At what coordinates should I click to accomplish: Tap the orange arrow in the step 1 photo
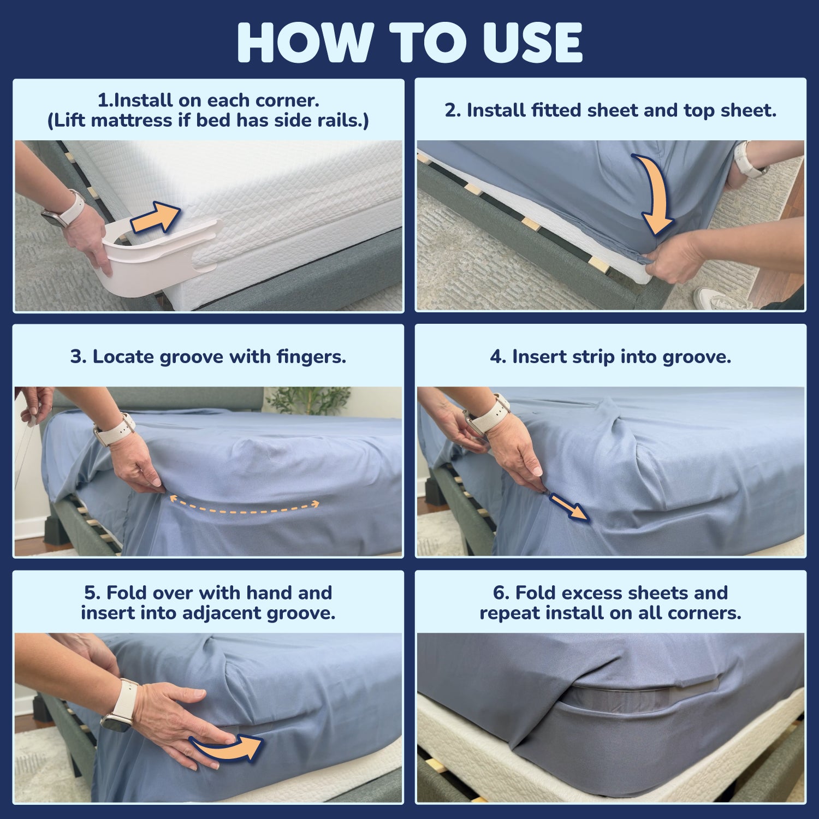tap(155, 217)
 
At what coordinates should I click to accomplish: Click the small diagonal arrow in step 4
tap(568, 506)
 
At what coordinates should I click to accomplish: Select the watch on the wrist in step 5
tap(121, 705)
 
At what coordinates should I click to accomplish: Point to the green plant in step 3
tap(308, 400)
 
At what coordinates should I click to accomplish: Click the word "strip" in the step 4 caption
tap(594, 357)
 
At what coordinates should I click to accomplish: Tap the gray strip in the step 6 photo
tap(639, 697)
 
